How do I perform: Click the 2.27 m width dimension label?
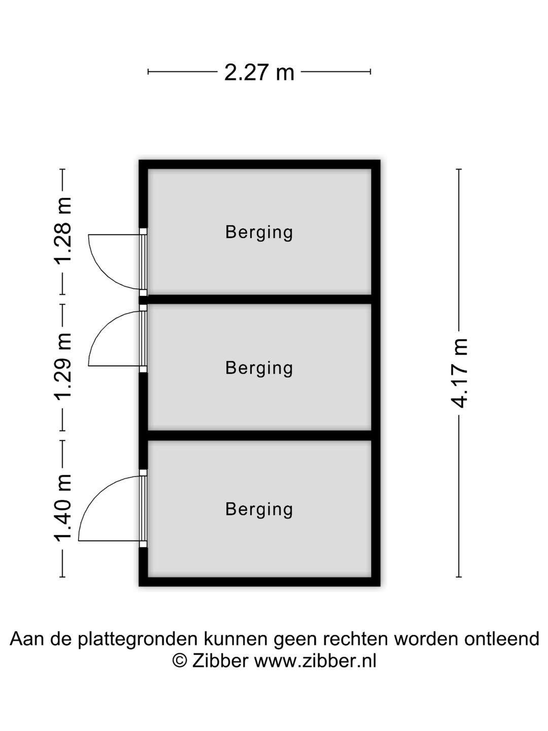[259, 72]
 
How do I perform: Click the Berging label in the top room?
[259, 232]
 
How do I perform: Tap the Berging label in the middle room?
[259, 368]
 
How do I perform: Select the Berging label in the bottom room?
[259, 509]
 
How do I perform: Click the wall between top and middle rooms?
[259, 299]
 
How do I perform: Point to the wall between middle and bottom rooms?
[259, 435]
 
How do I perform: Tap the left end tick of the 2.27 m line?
[148, 71]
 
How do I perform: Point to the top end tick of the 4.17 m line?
[459, 169]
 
